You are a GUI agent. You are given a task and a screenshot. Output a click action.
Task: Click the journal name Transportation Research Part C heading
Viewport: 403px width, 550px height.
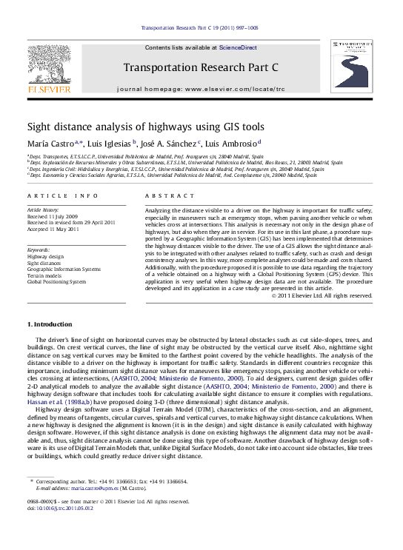201,66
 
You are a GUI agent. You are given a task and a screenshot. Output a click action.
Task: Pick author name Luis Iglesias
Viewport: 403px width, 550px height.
109,144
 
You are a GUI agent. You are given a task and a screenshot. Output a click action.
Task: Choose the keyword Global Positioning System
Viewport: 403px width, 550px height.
56,282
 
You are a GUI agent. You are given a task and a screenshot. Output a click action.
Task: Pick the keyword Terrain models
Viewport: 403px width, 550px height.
45,275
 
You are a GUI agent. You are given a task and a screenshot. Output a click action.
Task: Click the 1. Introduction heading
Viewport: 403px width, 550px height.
50,324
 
